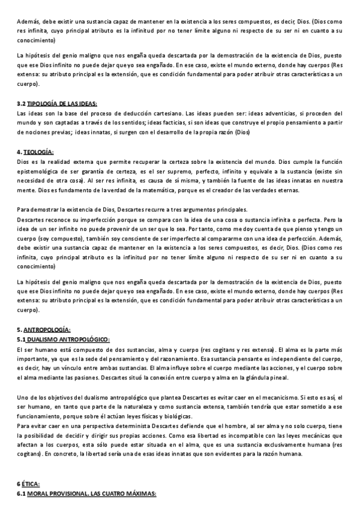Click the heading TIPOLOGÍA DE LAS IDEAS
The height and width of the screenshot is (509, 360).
tap(62, 104)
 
